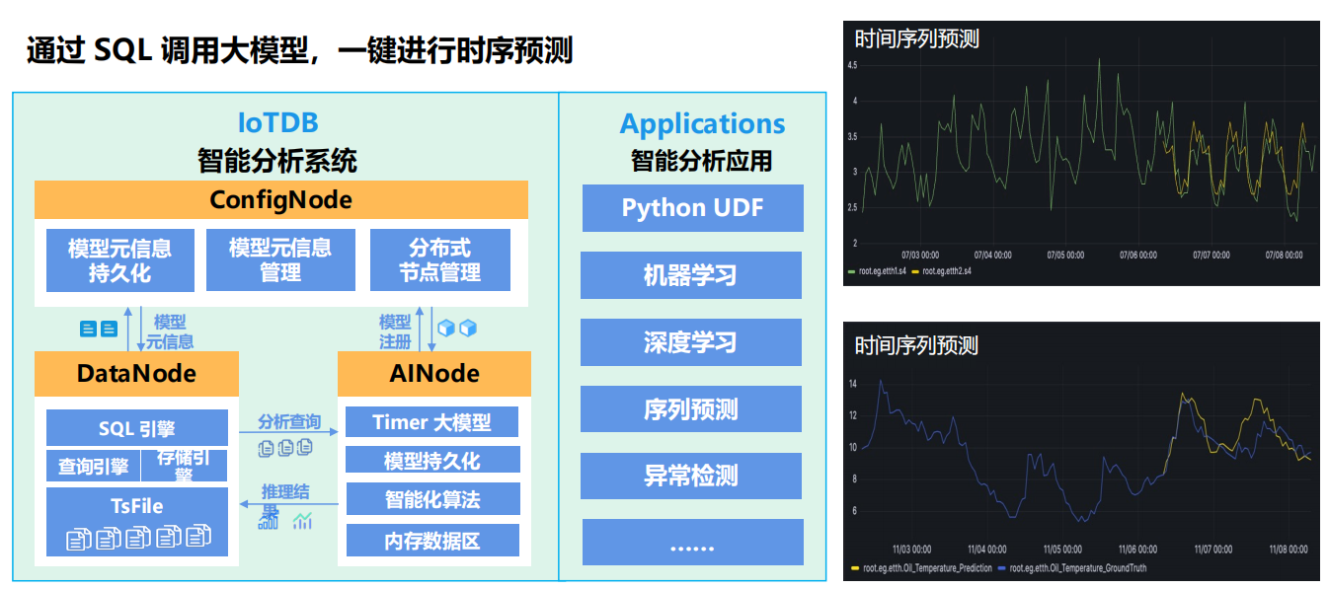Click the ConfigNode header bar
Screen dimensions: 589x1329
[x=280, y=200]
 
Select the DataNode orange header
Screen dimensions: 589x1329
[x=136, y=373]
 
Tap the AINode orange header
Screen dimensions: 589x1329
[x=433, y=373]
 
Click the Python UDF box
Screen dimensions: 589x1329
[x=692, y=208]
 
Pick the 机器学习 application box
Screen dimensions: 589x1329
[x=690, y=275]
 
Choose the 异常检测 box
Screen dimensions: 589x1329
[x=690, y=477]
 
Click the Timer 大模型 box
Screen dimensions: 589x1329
[x=431, y=422]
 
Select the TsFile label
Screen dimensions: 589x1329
[x=136, y=507]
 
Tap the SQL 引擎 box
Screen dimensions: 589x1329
[x=136, y=428]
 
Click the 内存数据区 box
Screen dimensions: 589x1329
[x=431, y=541]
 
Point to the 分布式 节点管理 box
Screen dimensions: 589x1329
[x=439, y=259]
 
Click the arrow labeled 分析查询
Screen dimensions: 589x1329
[x=289, y=432]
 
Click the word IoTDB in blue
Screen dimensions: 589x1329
[x=277, y=123]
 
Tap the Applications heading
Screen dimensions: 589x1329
[x=702, y=124]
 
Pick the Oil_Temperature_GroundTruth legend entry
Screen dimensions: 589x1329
[x=1077, y=568]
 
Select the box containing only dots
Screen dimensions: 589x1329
[x=690, y=544]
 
